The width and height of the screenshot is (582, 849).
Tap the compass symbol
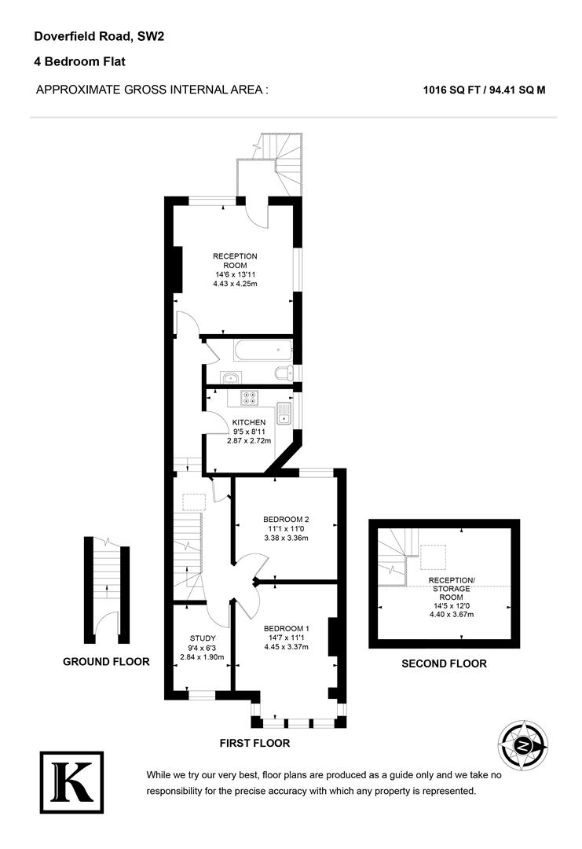tap(522, 744)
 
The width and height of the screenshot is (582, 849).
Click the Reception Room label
tap(235, 261)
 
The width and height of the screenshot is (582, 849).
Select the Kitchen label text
tap(247, 422)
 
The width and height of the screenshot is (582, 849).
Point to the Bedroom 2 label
tap(286, 520)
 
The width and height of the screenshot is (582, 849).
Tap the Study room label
tap(203, 638)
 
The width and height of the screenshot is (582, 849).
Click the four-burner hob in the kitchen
tap(250, 398)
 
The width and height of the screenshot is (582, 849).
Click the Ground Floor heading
tap(106, 662)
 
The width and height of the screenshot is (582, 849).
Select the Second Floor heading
tap(444, 663)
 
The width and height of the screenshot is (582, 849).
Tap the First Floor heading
tap(254, 743)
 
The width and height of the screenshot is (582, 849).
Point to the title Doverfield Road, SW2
tap(99, 36)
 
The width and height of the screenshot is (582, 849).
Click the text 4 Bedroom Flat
tap(80, 61)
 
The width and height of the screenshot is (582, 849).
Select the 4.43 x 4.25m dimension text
tap(235, 284)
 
